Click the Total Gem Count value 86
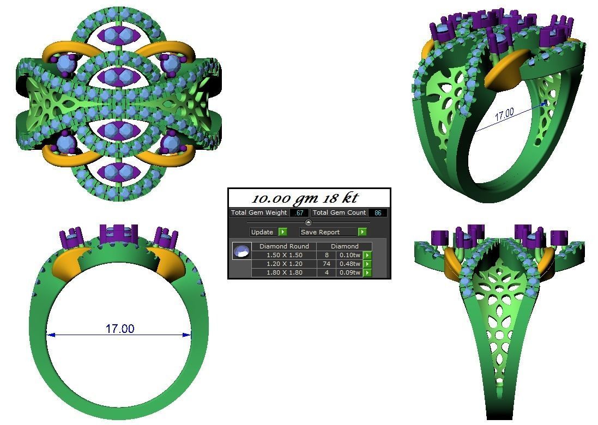(378, 213)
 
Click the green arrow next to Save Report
(362, 232)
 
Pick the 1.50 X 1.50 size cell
(283, 255)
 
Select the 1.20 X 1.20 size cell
(283, 264)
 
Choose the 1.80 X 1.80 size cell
(283, 272)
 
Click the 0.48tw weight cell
(349, 264)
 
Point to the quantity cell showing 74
(327, 264)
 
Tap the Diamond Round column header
(283, 246)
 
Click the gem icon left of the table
(241, 251)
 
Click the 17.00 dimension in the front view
(119, 329)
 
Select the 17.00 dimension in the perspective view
(504, 114)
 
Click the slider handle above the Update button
(309, 222)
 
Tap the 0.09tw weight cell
(349, 272)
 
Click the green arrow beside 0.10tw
(367, 255)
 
